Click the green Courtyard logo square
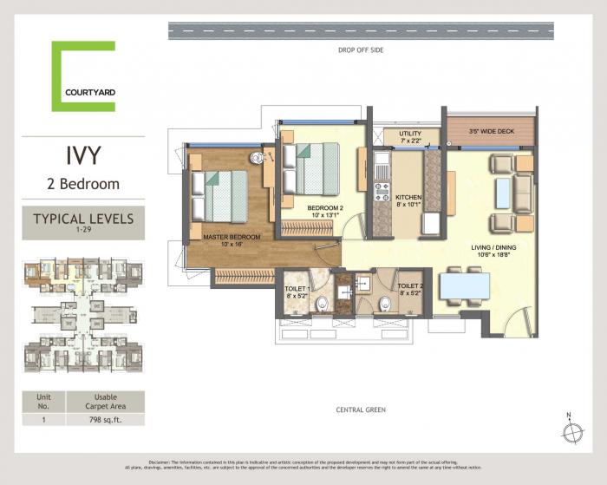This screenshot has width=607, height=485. click(83, 76)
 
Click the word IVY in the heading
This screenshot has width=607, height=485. click(83, 156)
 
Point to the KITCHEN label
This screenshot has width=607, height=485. click(408, 198)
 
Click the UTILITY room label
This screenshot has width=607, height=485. click(409, 133)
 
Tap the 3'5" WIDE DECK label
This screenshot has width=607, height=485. click(491, 132)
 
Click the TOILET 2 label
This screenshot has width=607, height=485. click(409, 286)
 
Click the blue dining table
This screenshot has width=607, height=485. click(462, 286)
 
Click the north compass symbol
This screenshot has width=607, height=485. click(571, 431)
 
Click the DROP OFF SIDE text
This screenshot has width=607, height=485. click(361, 50)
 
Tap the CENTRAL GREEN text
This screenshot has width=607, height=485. click(361, 410)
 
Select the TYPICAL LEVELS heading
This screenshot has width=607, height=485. click(83, 219)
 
